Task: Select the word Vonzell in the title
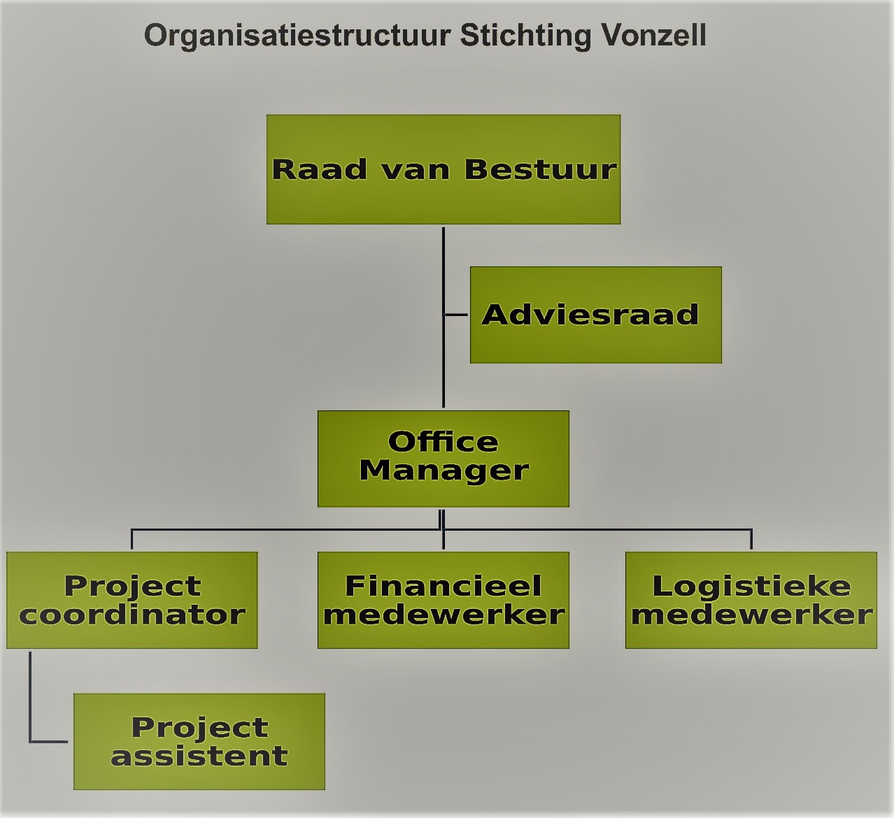pos(653,35)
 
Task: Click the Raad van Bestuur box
pos(444,169)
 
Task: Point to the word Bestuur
pos(540,169)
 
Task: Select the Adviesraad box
pos(596,315)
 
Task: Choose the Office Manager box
pos(444,459)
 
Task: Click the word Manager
pos(444,472)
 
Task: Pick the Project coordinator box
pos(132,600)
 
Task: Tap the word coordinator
pos(132,615)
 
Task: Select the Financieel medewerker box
pos(444,600)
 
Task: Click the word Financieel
pos(444,585)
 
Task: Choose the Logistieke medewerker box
pos(751,600)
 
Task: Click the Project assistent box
pos(199,741)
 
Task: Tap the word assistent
pos(199,756)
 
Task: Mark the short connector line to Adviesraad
pos(456,315)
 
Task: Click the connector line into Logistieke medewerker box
pos(751,539)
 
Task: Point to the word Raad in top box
pos(320,169)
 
